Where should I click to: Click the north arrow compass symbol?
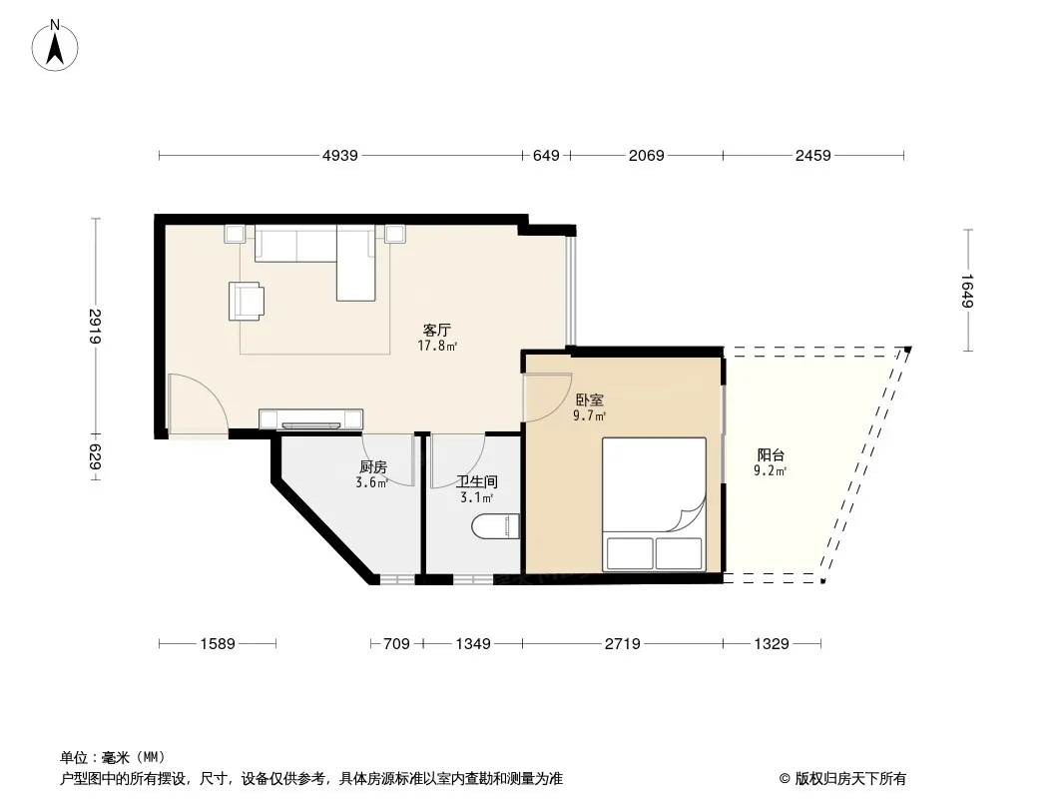(x=55, y=46)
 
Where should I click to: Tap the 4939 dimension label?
(x=340, y=156)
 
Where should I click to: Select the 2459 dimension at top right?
(x=812, y=156)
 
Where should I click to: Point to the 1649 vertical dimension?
(x=967, y=291)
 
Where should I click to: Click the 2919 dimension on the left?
(x=95, y=326)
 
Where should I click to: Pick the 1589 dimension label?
(x=218, y=643)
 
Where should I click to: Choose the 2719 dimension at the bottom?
(x=622, y=643)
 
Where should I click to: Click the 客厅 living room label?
(x=436, y=330)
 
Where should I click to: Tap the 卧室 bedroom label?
(x=589, y=400)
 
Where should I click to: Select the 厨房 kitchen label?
(x=372, y=467)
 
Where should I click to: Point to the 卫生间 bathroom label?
(x=476, y=482)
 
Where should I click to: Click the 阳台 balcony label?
(x=771, y=454)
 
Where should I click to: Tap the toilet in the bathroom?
(x=495, y=526)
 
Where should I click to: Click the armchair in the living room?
(x=247, y=301)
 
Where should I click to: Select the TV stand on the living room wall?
(x=310, y=419)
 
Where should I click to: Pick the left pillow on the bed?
(x=630, y=553)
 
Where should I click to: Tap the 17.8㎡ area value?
(x=437, y=347)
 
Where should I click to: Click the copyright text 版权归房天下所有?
(x=850, y=779)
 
